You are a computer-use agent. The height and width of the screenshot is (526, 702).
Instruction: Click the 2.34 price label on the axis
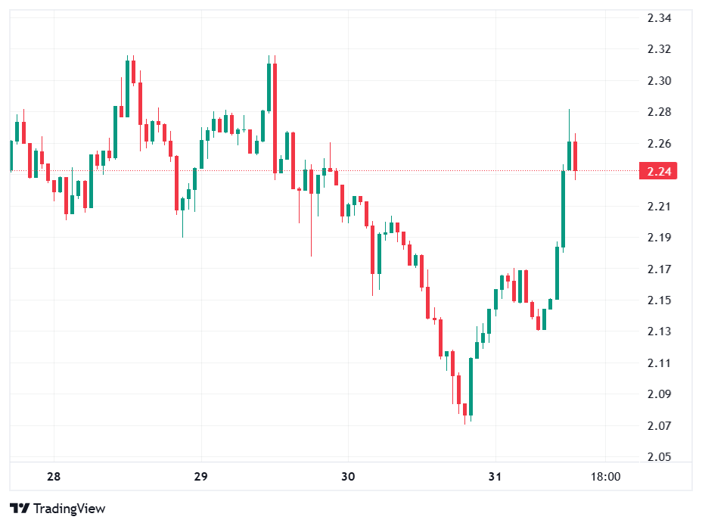pyautogui.click(x=660, y=18)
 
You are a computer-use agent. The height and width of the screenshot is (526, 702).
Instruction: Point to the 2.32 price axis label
pyautogui.click(x=660, y=49)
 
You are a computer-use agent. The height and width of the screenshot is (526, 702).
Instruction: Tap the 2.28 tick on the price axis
pyautogui.click(x=660, y=112)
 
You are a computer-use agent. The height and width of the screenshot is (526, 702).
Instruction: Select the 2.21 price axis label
pyautogui.click(x=660, y=207)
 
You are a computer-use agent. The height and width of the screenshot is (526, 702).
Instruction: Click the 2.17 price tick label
pyautogui.click(x=660, y=269)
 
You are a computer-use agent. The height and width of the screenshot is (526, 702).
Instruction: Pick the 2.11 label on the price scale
pyautogui.click(x=660, y=363)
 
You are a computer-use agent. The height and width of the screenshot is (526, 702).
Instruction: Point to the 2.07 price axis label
pyautogui.click(x=660, y=426)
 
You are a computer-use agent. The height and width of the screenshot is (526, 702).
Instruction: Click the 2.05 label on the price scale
pyautogui.click(x=660, y=457)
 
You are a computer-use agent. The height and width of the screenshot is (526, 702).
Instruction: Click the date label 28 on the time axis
pyautogui.click(x=53, y=478)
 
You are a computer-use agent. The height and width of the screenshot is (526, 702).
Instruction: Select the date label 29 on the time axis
pyautogui.click(x=200, y=478)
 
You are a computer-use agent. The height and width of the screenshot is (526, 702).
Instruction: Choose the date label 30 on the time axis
pyautogui.click(x=348, y=478)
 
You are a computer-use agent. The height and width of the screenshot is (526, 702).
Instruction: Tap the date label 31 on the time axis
pyautogui.click(x=495, y=478)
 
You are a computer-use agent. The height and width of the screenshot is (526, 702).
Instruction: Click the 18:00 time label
pyautogui.click(x=605, y=478)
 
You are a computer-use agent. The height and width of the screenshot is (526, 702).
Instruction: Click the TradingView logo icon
pyautogui.click(x=20, y=509)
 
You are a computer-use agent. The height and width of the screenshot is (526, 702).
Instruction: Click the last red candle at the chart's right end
pyautogui.click(x=576, y=156)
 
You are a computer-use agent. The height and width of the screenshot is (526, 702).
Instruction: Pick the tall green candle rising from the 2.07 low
pyautogui.click(x=471, y=386)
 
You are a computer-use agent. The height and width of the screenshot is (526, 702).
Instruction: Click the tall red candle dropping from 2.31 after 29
pyautogui.click(x=275, y=117)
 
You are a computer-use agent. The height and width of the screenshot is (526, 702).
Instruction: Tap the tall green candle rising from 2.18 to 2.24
pyautogui.click(x=563, y=208)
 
